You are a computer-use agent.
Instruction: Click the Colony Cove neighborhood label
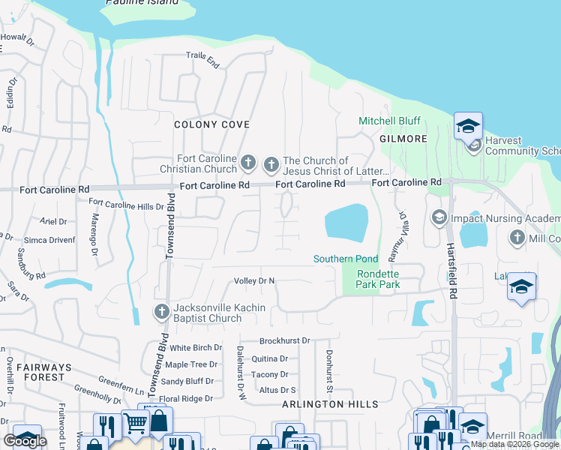coord(211,124)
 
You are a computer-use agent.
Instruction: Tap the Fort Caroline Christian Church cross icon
coord(248,161)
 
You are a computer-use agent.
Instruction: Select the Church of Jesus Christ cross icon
coord(271,163)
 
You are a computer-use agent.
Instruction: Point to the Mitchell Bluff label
coord(389,121)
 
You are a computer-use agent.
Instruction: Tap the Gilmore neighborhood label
coord(403,139)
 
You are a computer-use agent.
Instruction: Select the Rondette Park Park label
coord(378,279)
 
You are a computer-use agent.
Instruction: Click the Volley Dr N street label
coord(255,281)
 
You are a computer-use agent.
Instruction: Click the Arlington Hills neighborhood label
coord(331,404)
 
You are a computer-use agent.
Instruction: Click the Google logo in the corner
coord(25,441)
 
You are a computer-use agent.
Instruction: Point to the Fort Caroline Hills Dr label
coord(126,204)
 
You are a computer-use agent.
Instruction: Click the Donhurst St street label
coord(328,372)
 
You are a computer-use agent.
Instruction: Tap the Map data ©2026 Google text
coord(514,444)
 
